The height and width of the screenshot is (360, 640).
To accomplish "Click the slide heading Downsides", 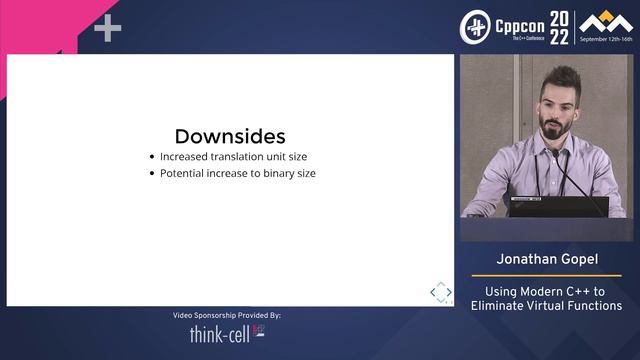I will (x=230, y=136).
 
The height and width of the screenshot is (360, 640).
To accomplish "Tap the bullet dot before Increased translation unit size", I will (x=151, y=157).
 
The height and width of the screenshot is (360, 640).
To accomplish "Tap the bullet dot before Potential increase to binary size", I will (x=151, y=173).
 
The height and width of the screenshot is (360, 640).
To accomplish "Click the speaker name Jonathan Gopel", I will (x=546, y=260).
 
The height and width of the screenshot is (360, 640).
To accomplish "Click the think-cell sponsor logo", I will (x=226, y=334).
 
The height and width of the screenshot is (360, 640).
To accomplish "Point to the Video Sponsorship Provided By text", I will (x=226, y=315).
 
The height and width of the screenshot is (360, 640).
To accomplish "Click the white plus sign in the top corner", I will (x=107, y=29).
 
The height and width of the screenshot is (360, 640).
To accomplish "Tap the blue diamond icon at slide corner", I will (x=440, y=291).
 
